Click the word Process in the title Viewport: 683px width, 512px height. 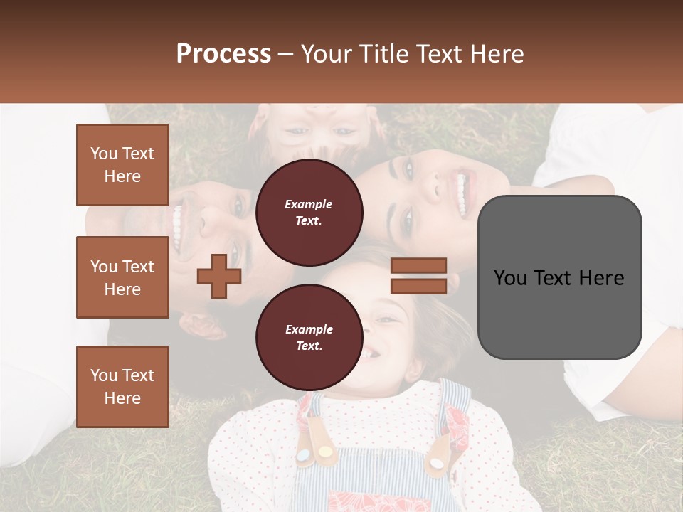click(x=223, y=53)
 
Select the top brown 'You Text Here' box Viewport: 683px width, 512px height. click(x=122, y=165)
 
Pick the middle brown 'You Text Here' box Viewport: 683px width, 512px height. click(x=122, y=277)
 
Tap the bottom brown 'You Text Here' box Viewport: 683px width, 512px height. click(x=122, y=386)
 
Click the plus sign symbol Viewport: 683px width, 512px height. click(x=219, y=276)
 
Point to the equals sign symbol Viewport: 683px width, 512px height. click(x=418, y=276)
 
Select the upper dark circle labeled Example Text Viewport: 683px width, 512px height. click(x=309, y=213)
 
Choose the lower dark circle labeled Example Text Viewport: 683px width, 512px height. click(x=309, y=338)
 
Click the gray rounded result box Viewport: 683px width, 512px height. click(x=559, y=277)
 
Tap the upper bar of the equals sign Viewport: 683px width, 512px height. click(x=418, y=266)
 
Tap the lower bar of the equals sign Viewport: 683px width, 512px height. click(x=418, y=286)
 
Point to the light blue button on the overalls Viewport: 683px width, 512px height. click(x=304, y=454)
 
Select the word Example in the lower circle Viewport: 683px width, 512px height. click(x=309, y=329)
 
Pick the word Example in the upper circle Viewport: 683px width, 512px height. click(x=309, y=204)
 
